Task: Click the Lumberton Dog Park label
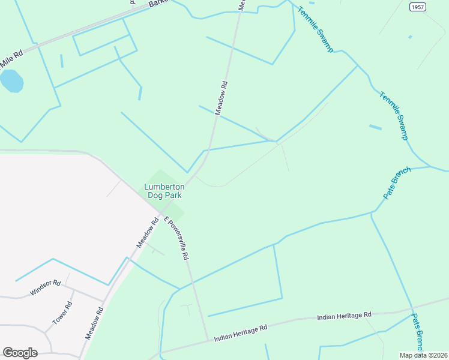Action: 164,191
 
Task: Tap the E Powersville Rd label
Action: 177,238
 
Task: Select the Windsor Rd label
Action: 46,288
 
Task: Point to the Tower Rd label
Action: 62,313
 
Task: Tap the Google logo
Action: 20,353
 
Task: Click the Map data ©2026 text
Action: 424,355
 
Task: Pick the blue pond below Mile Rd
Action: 11,81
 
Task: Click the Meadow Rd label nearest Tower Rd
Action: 94,323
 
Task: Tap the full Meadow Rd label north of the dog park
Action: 221,98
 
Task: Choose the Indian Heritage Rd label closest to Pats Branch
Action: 345,315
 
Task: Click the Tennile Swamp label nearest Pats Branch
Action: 393,115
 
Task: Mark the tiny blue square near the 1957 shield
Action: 410,37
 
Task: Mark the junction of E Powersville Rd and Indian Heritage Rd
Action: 208,340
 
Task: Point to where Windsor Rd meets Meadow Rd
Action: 103,302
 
